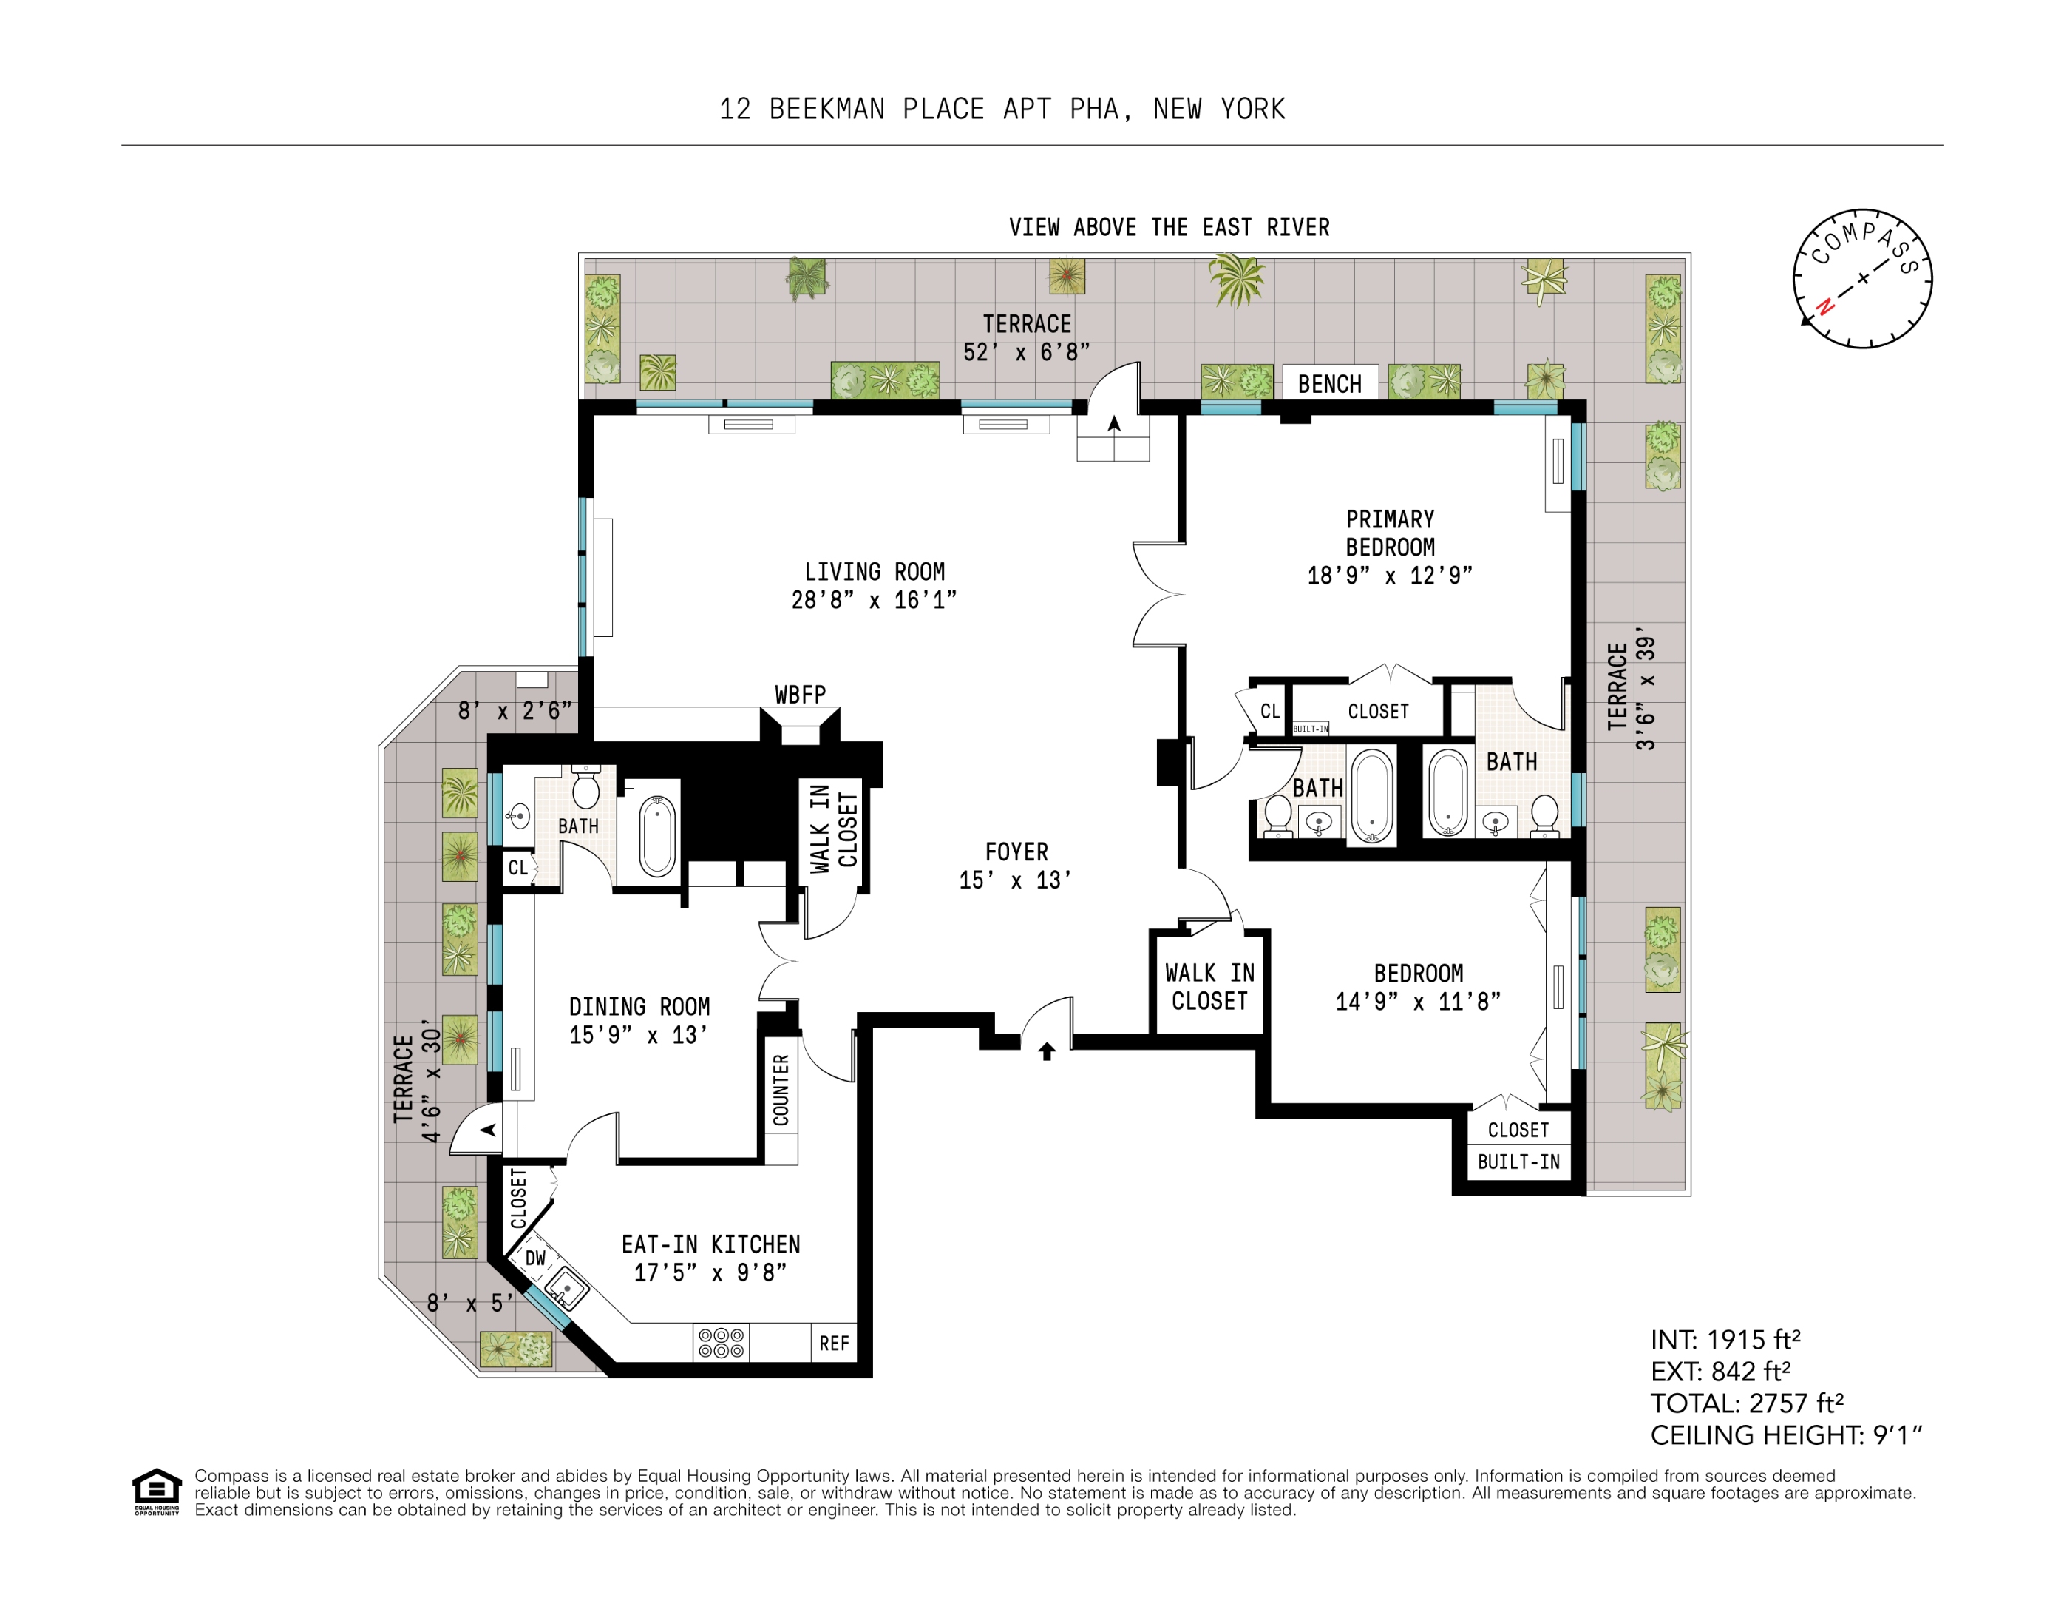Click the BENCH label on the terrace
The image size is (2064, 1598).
pos(1330,384)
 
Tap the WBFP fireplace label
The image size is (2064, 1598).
pos(801,695)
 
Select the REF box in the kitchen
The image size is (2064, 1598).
pos(834,1344)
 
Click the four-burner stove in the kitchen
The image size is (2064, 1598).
pos(721,1344)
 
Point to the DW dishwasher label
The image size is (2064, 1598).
pos(536,1258)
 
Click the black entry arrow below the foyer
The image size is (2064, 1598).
pos(1046,1051)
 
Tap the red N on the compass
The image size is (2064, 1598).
pos(1826,306)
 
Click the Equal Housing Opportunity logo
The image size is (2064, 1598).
pos(157,1492)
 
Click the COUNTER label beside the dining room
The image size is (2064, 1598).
pos(781,1090)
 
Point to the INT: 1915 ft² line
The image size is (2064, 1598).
pos(1725,1340)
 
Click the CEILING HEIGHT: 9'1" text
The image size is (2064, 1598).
pos(1786,1435)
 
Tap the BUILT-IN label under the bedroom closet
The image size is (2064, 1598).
pos(1518,1162)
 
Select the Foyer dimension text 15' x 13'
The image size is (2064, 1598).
pos(1016,880)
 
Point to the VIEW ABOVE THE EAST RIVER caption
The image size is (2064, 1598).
pos(1169,228)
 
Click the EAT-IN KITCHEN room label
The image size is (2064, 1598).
pos(710,1244)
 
